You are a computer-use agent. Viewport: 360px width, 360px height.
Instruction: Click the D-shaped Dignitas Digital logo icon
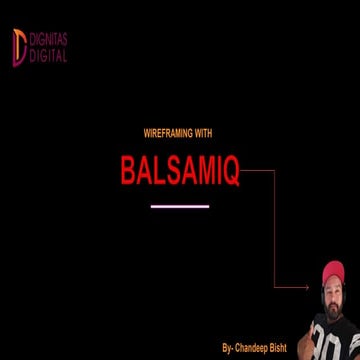pos(19,47)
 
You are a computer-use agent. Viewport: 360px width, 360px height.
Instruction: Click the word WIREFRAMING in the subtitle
pos(160,133)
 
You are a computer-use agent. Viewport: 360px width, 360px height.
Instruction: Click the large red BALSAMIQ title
pos(180,171)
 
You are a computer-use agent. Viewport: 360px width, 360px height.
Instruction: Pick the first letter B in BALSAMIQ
pos(128,171)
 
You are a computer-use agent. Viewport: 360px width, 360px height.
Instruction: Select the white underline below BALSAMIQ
pos(179,206)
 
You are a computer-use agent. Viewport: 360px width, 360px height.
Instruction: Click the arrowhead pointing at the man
pos(306,287)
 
